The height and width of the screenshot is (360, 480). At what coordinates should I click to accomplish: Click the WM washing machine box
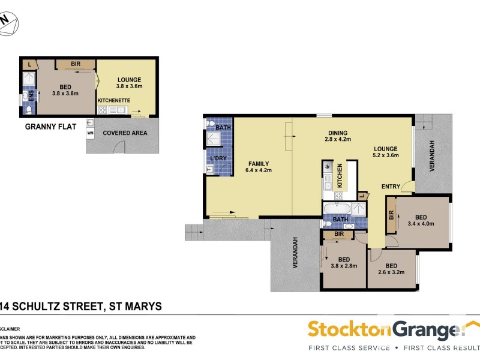[x=91, y=132]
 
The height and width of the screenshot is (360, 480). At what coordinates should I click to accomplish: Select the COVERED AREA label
[x=124, y=133]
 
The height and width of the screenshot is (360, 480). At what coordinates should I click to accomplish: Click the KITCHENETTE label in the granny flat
[x=115, y=101]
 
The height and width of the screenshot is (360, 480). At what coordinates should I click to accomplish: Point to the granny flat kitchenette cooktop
[x=102, y=110]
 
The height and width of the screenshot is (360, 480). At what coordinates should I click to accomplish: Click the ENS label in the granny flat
[x=31, y=95]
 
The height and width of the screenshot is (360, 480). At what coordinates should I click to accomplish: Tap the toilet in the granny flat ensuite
[x=27, y=110]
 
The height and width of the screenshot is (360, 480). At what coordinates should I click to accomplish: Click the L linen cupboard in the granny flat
[x=29, y=64]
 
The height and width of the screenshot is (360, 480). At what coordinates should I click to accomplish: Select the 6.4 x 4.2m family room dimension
[x=259, y=170]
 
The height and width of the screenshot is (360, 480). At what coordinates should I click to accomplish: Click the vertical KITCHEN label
[x=339, y=173]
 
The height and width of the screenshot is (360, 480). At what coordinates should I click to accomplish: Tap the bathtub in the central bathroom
[x=337, y=209]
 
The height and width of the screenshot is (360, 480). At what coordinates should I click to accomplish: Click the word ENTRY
[x=392, y=187]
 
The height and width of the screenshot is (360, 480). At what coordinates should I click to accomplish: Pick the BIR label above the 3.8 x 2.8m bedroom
[x=338, y=233]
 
